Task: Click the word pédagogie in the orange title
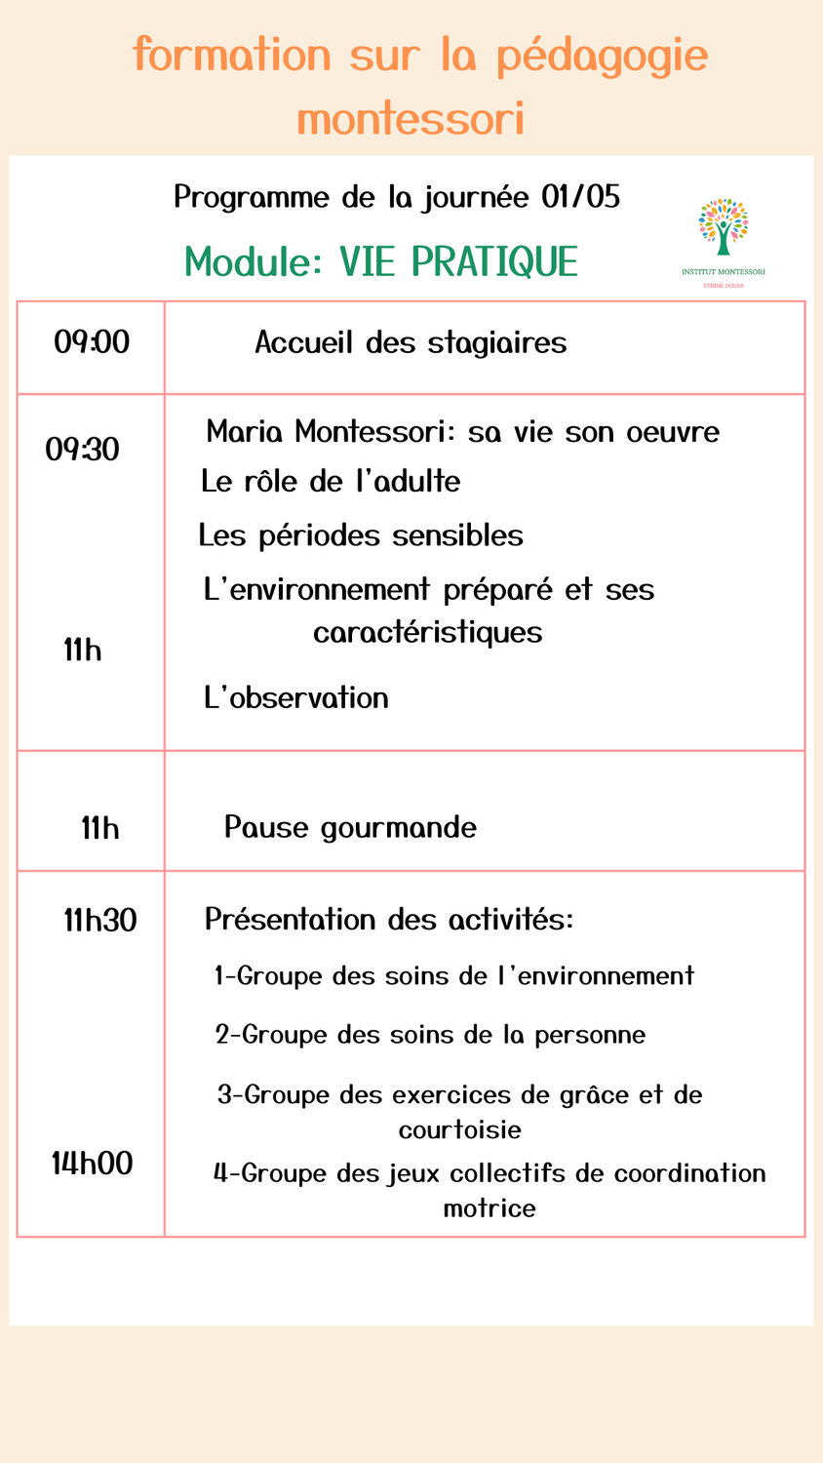click(x=602, y=57)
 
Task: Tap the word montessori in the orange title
click(x=411, y=119)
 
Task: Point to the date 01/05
click(x=580, y=198)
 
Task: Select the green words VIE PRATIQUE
click(x=458, y=261)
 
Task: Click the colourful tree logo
click(x=723, y=227)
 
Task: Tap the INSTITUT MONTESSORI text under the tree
click(x=723, y=271)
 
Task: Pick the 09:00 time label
click(x=92, y=342)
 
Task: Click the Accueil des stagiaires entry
click(x=411, y=343)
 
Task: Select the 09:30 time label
click(x=83, y=450)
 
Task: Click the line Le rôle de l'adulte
click(x=331, y=482)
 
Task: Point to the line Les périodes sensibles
click(x=361, y=535)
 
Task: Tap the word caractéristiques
click(x=427, y=632)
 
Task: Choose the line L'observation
click(x=295, y=698)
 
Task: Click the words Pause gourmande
click(x=350, y=828)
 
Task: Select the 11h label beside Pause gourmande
click(x=100, y=829)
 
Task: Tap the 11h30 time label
click(x=100, y=920)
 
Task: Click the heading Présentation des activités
click(x=389, y=920)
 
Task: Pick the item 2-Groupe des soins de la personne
click(x=430, y=1035)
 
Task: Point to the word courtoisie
click(x=459, y=1130)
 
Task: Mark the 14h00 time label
click(x=93, y=1164)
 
